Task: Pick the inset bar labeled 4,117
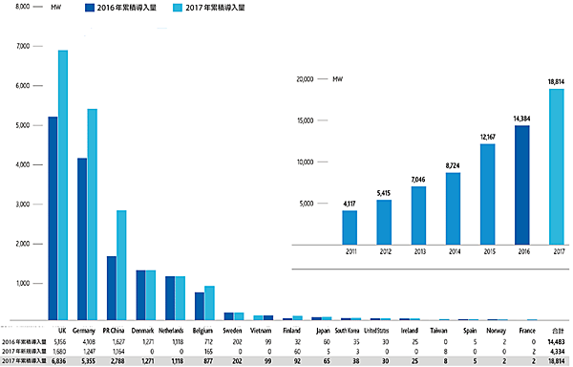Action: (x=350, y=227)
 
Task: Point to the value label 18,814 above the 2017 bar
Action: (x=556, y=82)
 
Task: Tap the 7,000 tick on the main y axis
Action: (x=22, y=47)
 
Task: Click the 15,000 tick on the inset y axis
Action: (x=305, y=120)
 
